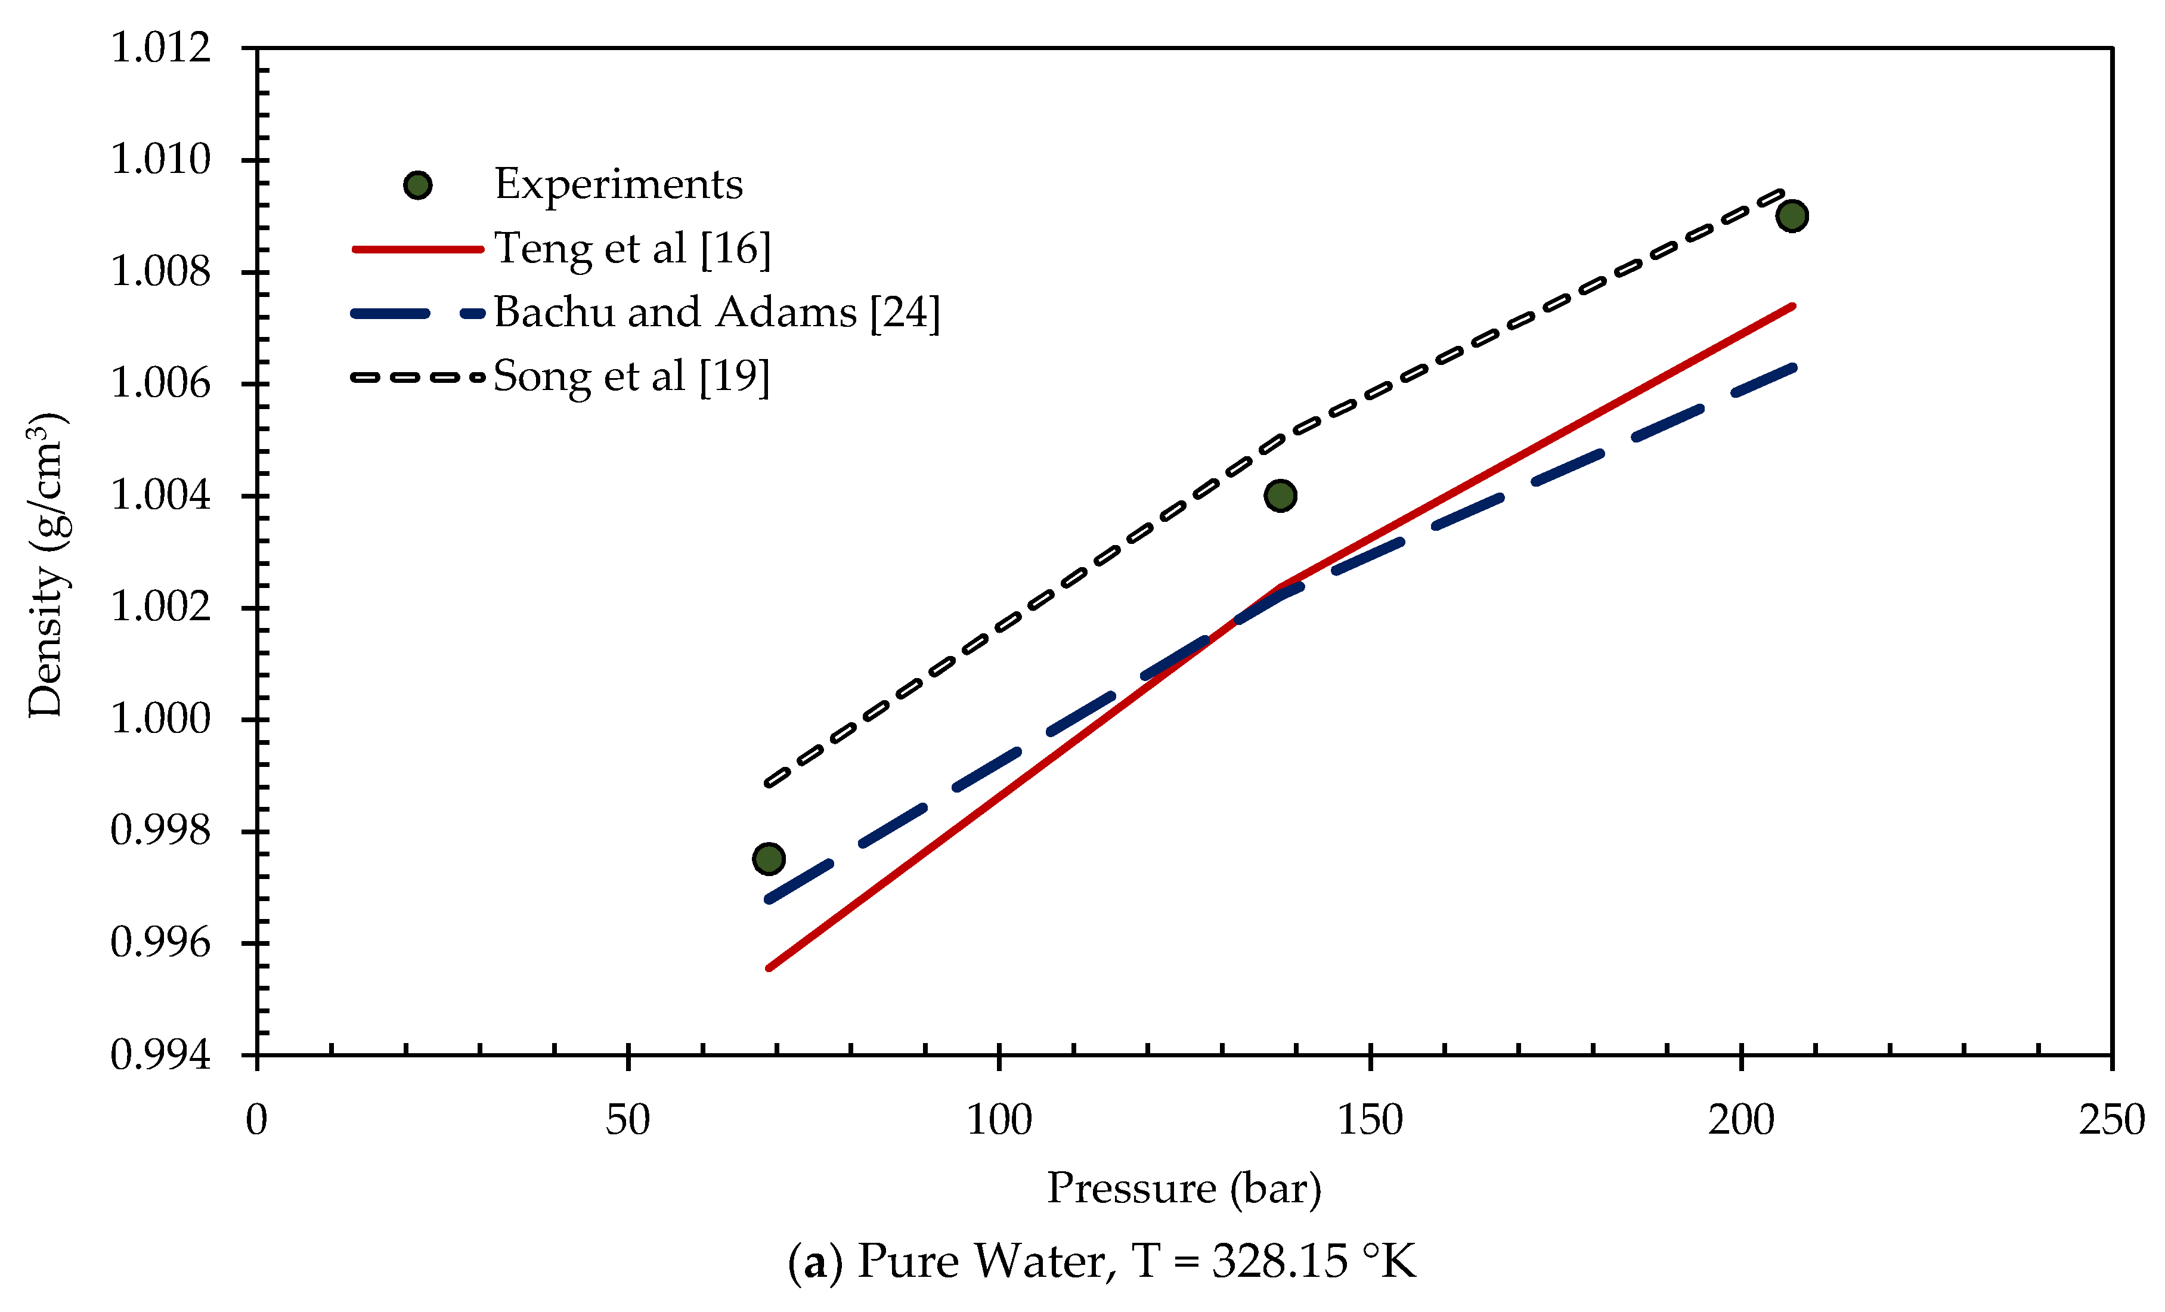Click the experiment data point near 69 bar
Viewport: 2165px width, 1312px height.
[769, 859]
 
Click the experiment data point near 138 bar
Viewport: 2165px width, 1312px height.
[1280, 496]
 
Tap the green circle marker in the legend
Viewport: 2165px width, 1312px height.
[417, 185]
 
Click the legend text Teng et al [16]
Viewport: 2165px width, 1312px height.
[632, 249]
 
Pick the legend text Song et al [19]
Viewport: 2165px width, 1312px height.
[631, 377]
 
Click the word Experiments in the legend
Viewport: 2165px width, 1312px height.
[618, 184]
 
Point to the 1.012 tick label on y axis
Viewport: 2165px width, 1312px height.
[161, 48]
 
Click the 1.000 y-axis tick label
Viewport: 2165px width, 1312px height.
[161, 719]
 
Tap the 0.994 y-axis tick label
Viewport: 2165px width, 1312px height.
[161, 1054]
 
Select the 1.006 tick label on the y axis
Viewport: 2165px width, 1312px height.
[161, 384]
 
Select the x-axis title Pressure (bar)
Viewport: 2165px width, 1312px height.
[1184, 1188]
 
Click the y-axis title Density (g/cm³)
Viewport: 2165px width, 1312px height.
[46, 564]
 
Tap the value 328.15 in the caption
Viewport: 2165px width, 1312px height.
[1280, 1262]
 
